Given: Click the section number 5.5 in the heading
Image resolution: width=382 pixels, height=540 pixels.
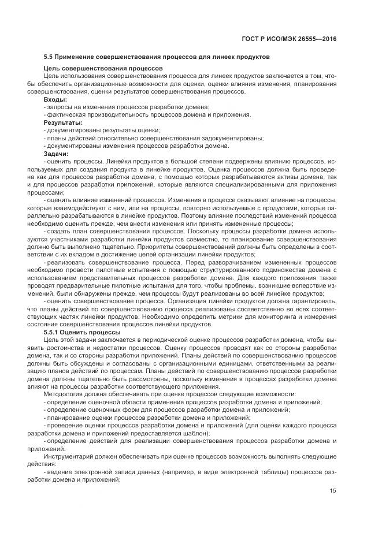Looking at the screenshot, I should (x=50, y=57).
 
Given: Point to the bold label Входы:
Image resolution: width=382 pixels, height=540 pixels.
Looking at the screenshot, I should (x=55, y=99).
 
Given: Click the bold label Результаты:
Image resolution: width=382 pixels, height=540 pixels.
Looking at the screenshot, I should (x=63, y=122).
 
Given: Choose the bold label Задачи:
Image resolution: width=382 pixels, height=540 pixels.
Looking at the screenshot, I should (x=56, y=153).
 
